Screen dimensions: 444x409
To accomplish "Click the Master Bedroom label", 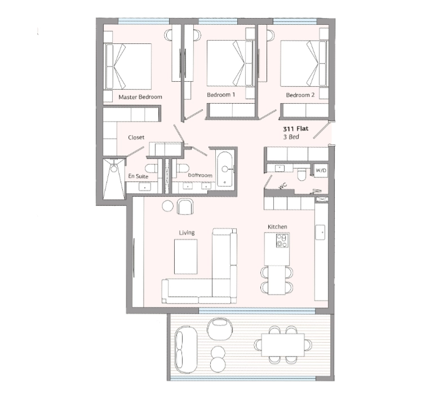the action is [140, 97].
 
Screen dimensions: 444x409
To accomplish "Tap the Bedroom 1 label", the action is [221, 95].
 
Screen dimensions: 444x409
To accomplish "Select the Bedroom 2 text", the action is [300, 95].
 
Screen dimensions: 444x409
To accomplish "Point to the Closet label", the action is [136, 137].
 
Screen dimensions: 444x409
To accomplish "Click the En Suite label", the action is [138, 176].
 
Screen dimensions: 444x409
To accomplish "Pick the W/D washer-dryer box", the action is [321, 170].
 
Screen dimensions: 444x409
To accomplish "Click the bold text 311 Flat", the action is [296, 129].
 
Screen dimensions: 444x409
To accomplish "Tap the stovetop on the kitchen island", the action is [282, 241].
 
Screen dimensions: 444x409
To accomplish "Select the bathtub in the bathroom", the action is [225, 169].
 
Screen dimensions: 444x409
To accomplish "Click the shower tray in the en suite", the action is [114, 179].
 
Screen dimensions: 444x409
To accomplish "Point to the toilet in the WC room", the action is [301, 175].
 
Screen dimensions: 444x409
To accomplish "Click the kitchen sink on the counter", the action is [320, 232].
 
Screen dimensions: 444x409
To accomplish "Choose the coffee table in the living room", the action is [186, 256].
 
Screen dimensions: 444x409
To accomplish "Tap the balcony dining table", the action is [283, 345].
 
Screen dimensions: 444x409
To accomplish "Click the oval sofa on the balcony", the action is [186, 349].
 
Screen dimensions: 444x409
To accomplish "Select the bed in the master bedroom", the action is [128, 66].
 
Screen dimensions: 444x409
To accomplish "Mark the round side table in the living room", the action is [168, 206].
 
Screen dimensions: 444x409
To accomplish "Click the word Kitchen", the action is [277, 226].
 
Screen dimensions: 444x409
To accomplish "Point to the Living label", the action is [187, 233].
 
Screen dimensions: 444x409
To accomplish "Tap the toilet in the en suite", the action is [151, 168].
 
